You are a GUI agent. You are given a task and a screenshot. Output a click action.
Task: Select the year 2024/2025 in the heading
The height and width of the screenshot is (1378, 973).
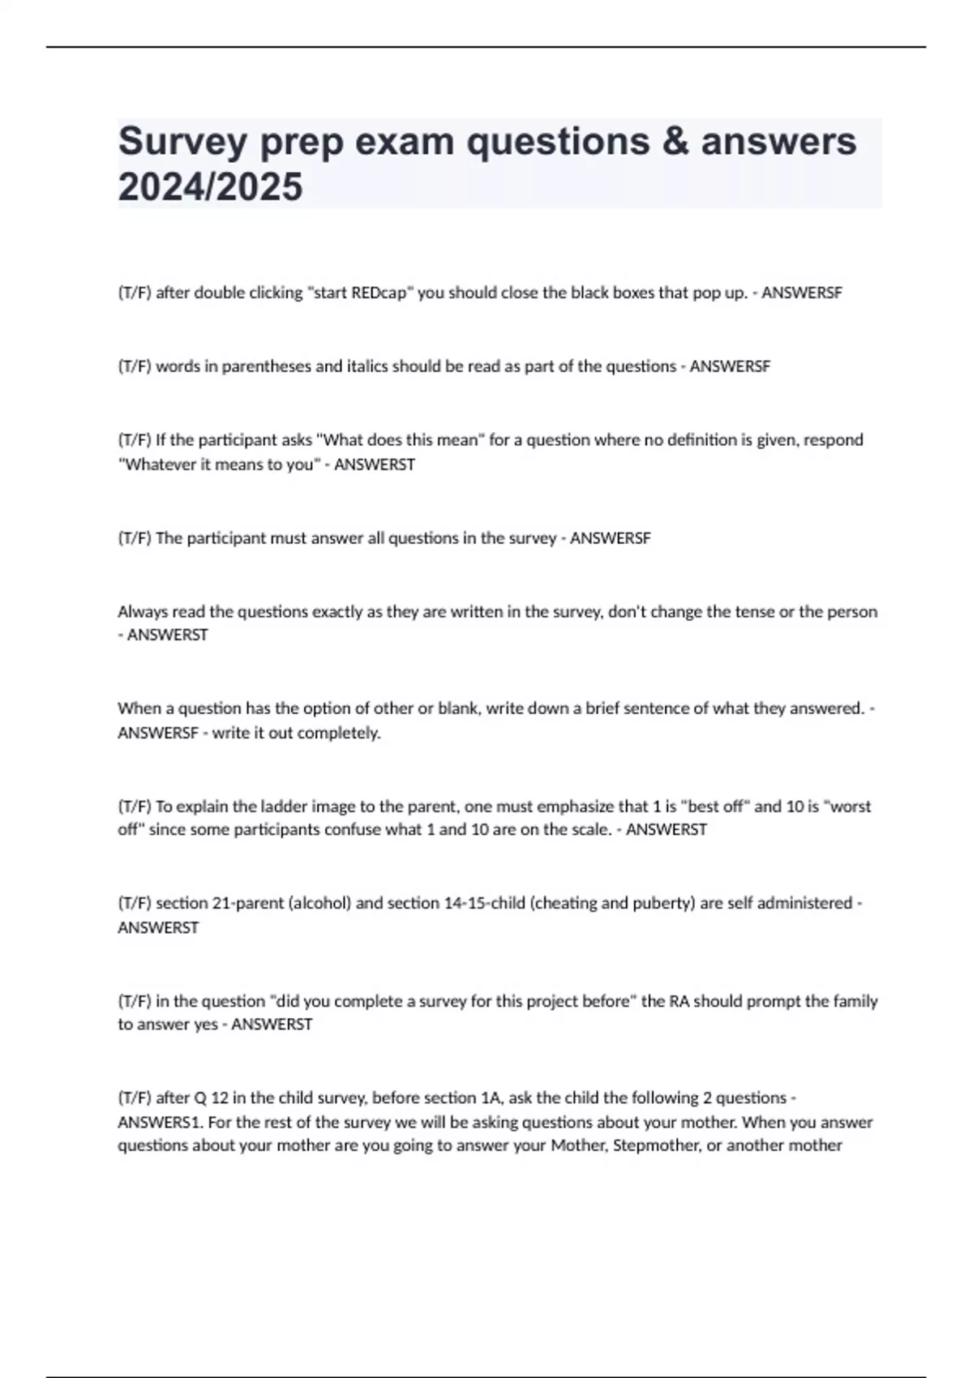pyautogui.click(x=210, y=187)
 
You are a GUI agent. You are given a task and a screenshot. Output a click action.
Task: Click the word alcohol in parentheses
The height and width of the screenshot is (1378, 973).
pyautogui.click(x=319, y=903)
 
